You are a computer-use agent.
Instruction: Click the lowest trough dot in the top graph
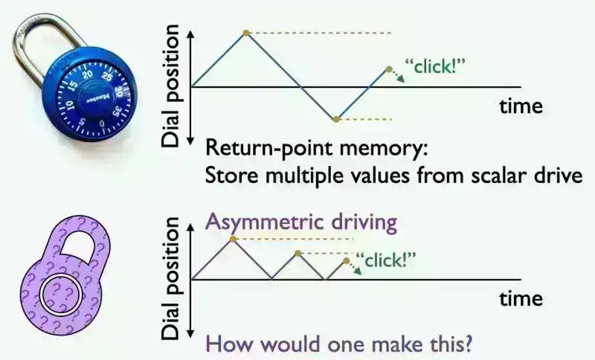[336, 119]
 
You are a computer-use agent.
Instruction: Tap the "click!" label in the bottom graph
[387, 261]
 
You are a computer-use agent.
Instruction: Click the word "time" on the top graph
[521, 106]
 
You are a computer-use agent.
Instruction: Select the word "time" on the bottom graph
[521, 299]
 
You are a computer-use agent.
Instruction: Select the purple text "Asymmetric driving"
[301, 222]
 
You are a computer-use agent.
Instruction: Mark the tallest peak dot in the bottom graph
[234, 239]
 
